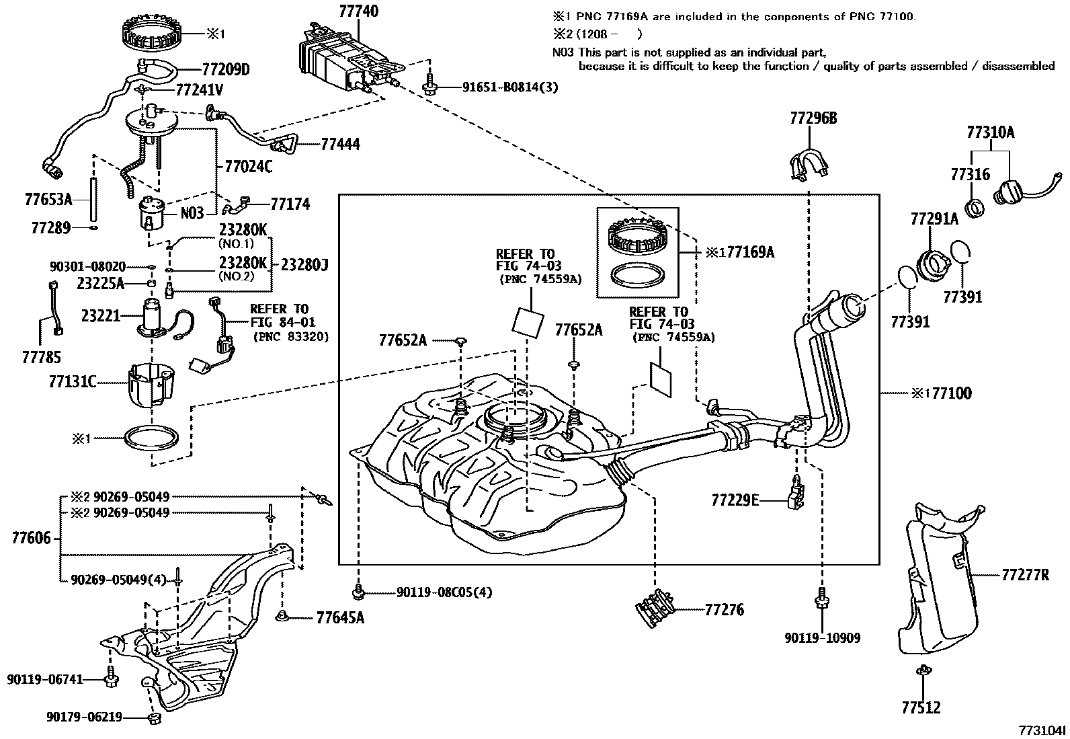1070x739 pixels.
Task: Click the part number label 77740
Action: point(358,11)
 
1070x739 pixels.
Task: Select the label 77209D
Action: point(225,70)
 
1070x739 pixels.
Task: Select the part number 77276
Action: point(725,611)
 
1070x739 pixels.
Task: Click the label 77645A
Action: point(340,617)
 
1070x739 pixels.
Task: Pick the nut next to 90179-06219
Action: point(153,719)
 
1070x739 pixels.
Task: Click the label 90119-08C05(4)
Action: point(444,593)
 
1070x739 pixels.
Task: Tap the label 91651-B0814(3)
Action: point(509,87)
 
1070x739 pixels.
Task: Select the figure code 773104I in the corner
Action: point(1040,730)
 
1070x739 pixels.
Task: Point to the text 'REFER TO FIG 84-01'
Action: point(282,316)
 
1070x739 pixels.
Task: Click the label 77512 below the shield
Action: point(921,707)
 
